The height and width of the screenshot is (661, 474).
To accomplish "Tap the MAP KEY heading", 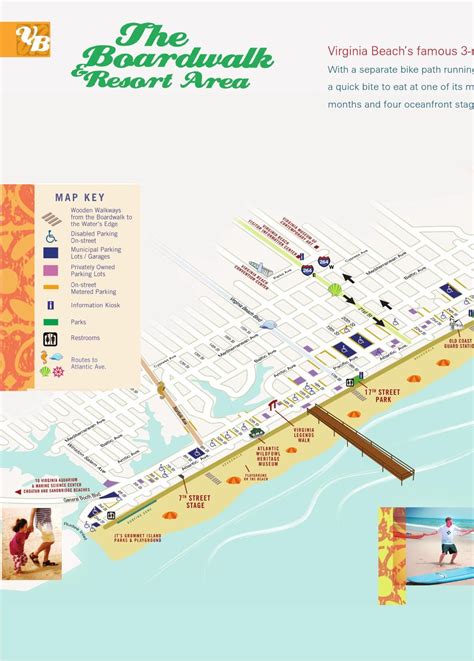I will click(80, 198).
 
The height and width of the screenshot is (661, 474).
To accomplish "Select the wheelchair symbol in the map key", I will click(51, 237).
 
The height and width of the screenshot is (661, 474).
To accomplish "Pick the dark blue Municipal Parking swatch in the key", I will click(51, 253).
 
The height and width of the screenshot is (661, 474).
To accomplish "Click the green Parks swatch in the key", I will click(51, 322).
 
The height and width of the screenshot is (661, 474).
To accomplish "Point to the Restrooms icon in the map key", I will click(51, 339).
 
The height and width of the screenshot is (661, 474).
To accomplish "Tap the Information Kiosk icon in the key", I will click(51, 305).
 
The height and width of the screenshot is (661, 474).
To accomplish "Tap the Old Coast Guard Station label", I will click(461, 343).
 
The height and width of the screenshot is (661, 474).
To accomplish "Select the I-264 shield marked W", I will click(324, 262).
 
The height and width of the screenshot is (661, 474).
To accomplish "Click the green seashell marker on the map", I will click(335, 289).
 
